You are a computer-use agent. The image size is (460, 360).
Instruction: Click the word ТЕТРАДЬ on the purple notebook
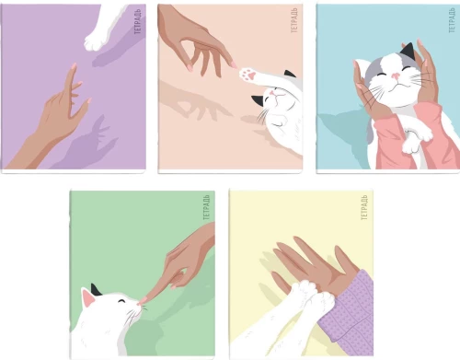(x=137, y=21)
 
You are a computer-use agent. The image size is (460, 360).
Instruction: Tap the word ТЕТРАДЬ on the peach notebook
(x=293, y=20)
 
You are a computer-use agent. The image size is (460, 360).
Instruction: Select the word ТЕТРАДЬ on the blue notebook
(x=452, y=20)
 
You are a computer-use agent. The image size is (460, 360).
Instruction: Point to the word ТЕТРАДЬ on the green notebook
(x=206, y=207)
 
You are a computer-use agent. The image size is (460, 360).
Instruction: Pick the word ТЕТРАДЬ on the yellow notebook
(x=364, y=207)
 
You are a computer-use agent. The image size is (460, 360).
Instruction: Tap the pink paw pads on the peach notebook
(x=248, y=75)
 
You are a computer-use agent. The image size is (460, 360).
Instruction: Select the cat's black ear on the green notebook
(x=96, y=290)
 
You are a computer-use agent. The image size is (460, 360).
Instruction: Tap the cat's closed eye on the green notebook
(x=122, y=301)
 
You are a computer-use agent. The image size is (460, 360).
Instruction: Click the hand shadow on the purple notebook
(x=89, y=143)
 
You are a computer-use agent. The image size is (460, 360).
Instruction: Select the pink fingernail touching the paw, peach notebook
(x=235, y=65)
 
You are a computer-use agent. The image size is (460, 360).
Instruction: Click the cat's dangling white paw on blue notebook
(x=410, y=145)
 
